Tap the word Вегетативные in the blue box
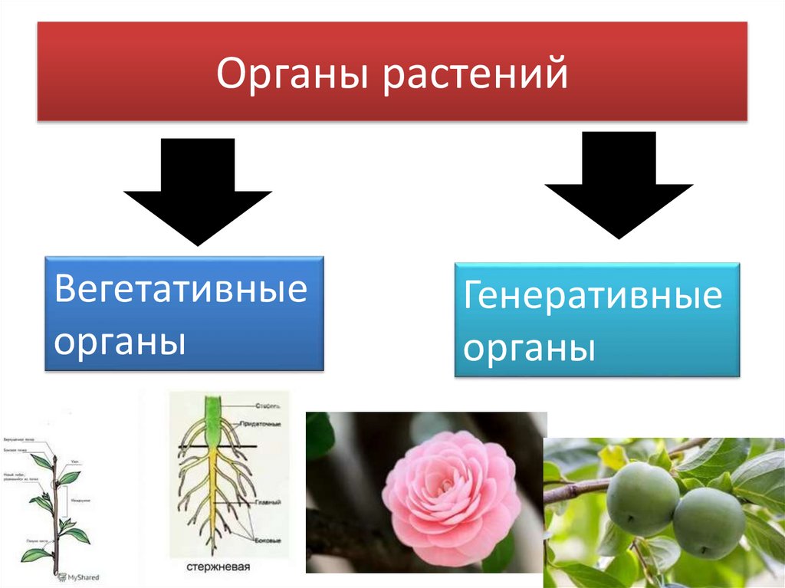[181, 292]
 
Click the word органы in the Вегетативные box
[120, 340]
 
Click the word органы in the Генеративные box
[530, 349]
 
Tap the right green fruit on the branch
[708, 522]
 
